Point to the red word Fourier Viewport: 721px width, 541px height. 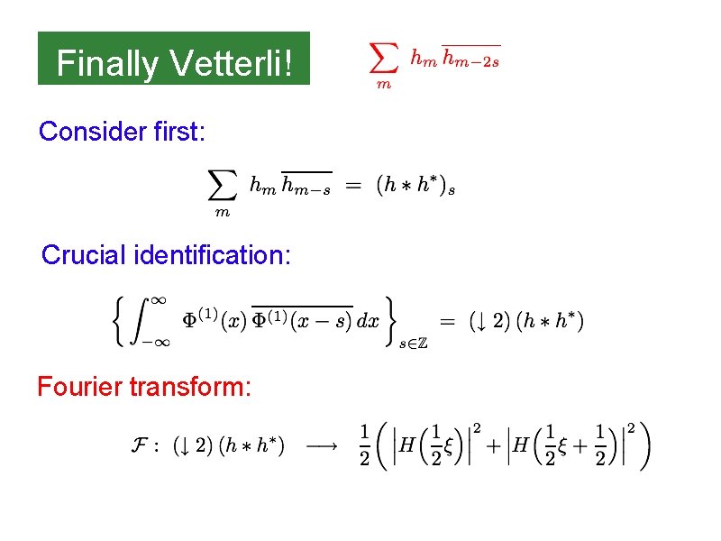[x=79, y=387]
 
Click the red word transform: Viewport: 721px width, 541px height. [x=190, y=388]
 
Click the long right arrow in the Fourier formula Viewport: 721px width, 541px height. [x=323, y=445]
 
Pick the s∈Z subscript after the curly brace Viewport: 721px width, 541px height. [x=412, y=343]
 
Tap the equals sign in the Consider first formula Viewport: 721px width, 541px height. [x=354, y=186]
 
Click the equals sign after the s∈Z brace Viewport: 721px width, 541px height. [x=447, y=320]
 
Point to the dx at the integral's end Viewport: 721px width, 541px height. [x=368, y=321]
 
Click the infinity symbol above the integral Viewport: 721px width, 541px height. [x=159, y=298]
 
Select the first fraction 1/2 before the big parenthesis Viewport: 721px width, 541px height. [x=363, y=445]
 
